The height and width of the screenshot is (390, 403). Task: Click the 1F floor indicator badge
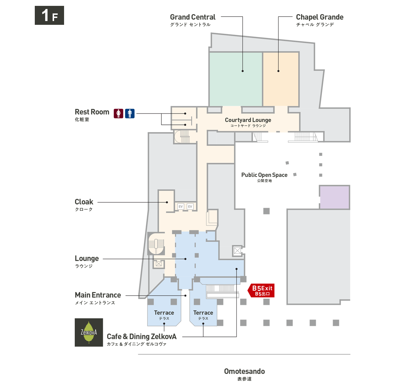click(x=49, y=16)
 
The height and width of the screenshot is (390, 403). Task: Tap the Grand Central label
click(x=193, y=17)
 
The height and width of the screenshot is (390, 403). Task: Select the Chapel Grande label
click(x=319, y=17)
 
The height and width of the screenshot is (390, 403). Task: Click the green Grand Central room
click(x=236, y=79)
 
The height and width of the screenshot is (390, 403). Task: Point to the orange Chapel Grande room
click(x=281, y=79)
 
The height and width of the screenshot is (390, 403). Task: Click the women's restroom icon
click(x=118, y=113)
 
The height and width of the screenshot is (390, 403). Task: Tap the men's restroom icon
click(x=130, y=113)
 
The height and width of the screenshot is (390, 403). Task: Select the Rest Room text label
click(x=92, y=112)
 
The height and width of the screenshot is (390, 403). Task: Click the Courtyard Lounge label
click(x=248, y=120)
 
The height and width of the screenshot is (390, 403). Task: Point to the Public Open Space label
click(x=264, y=175)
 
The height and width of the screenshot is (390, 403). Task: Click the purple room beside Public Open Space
click(x=334, y=197)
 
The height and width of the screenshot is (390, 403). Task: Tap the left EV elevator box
click(x=180, y=207)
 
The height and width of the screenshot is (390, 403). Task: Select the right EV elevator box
click(x=190, y=207)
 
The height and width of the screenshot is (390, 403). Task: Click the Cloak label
click(x=84, y=202)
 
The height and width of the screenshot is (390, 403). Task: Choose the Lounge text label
click(x=87, y=259)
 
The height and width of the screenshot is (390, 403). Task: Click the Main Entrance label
click(x=98, y=295)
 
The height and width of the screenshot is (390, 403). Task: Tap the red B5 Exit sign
click(x=262, y=291)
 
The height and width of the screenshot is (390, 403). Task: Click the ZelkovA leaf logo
click(x=89, y=332)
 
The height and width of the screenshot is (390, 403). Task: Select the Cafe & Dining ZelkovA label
click(x=142, y=337)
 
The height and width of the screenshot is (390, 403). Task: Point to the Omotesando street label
click(x=244, y=372)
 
